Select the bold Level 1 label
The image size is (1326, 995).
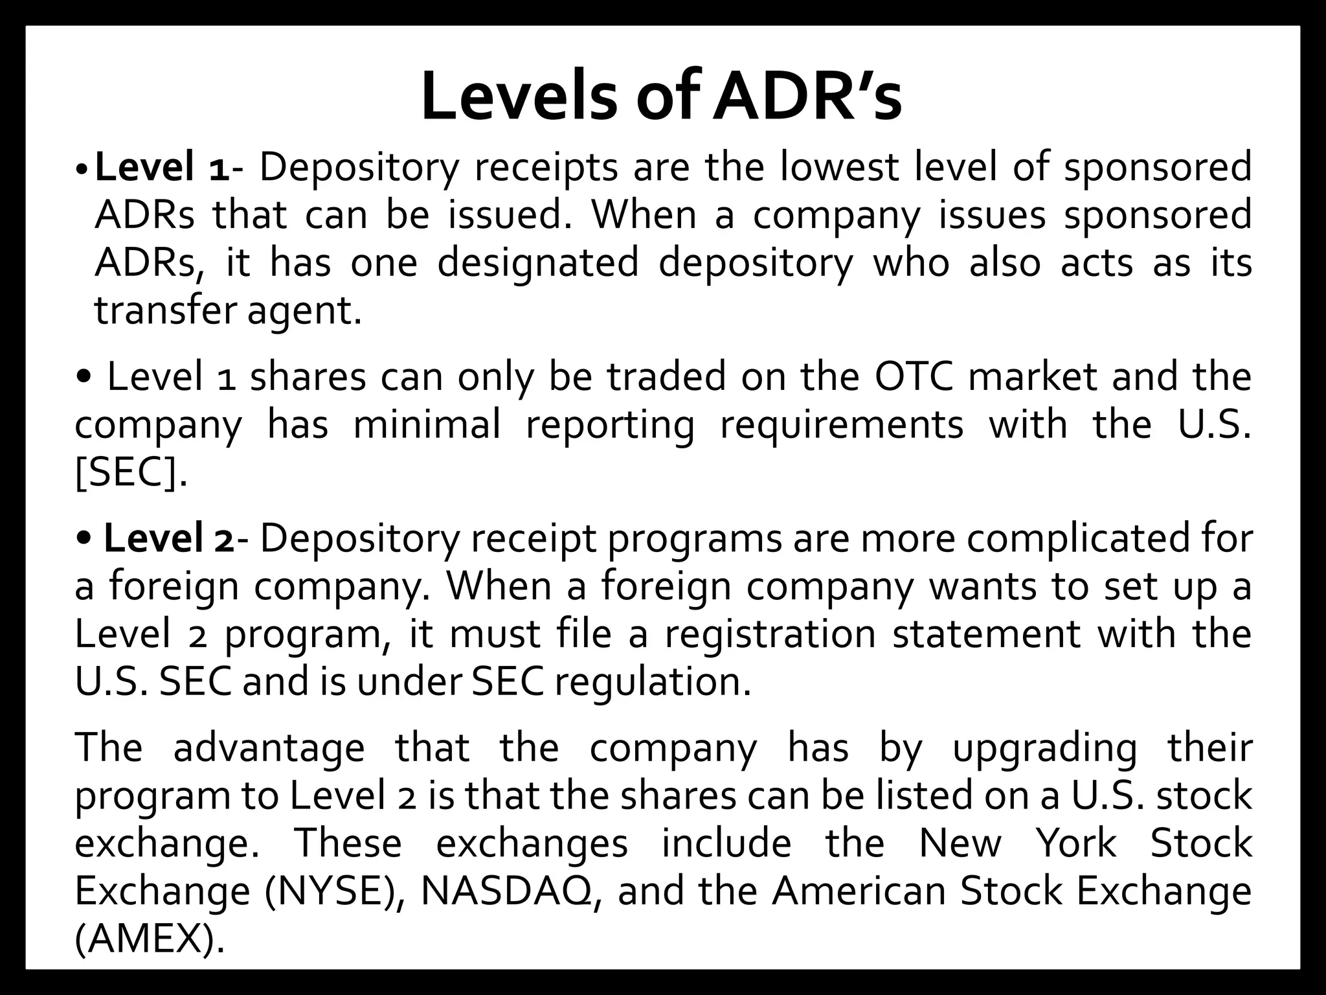click(161, 167)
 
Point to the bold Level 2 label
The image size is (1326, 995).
click(169, 538)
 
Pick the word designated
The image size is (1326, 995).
click(538, 263)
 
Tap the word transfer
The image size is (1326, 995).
click(165, 311)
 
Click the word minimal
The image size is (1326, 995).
click(427, 425)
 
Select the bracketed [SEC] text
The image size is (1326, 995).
click(130, 474)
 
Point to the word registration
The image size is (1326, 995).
click(770, 634)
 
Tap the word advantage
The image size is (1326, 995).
click(269, 748)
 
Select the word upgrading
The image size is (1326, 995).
click(1044, 749)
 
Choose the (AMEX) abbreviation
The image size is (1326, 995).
click(150, 939)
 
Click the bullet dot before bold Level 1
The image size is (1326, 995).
click(80, 170)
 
